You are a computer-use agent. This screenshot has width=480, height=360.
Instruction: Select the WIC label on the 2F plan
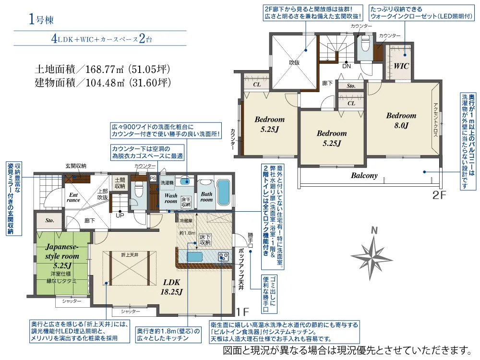coord(401,66)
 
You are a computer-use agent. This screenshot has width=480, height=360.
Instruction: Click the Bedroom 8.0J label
coord(401,120)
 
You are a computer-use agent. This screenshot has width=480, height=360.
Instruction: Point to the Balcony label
coord(364,175)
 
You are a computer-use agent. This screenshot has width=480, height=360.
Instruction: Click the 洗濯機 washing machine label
coord(166,183)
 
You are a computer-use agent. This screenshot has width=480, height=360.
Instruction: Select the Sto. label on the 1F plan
coord(50,221)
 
